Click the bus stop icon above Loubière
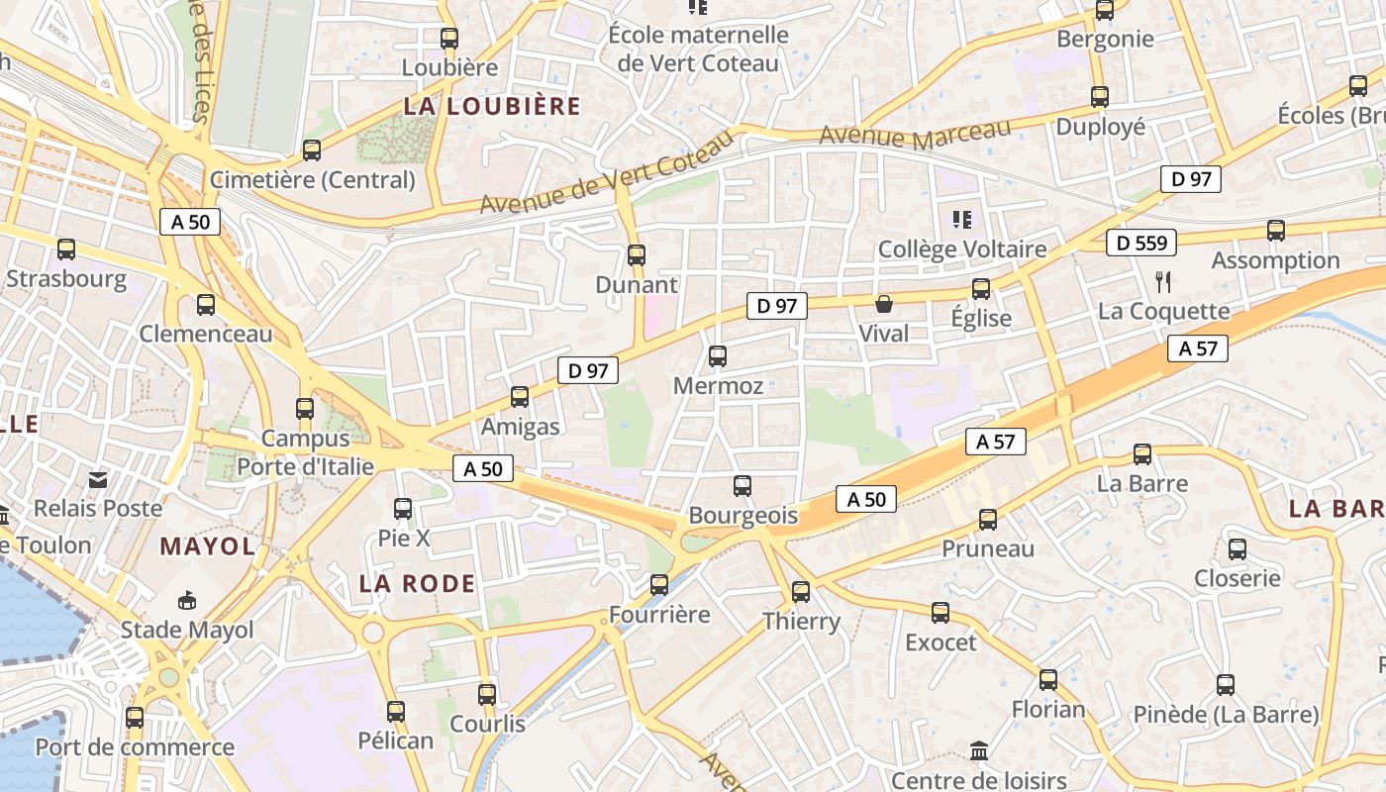click(x=449, y=39)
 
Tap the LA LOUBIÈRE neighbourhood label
click(x=492, y=107)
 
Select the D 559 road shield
click(x=1140, y=243)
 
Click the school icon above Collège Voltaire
click(x=961, y=219)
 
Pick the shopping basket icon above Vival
click(x=884, y=304)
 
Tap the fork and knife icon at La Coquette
click(x=1163, y=282)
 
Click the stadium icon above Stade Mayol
click(x=187, y=600)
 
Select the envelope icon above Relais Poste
click(x=98, y=480)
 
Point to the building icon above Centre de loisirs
click(x=979, y=751)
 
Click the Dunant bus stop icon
click(x=637, y=255)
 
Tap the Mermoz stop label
click(x=718, y=386)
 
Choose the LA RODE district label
click(x=417, y=584)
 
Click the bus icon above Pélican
click(x=396, y=711)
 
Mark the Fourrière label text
click(x=659, y=615)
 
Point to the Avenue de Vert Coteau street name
click(x=607, y=172)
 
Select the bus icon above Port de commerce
click(x=135, y=718)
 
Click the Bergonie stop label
click(x=1105, y=40)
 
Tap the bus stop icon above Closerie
click(x=1237, y=549)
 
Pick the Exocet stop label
click(x=940, y=643)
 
